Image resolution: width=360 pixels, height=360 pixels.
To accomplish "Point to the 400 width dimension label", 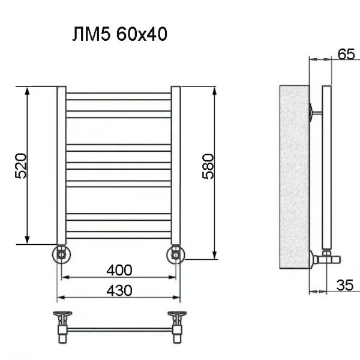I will click(x=119, y=269).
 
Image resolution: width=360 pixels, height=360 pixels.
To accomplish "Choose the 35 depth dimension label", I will click(x=344, y=286).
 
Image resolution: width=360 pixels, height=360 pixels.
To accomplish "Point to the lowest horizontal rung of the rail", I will click(x=118, y=234).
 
